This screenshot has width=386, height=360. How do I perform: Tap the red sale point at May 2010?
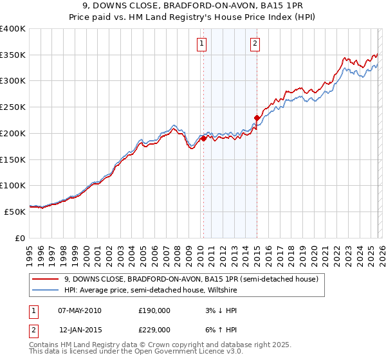tap(203, 138)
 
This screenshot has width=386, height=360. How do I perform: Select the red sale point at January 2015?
tap(257, 118)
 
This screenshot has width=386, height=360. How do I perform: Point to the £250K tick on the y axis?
tap(14, 107)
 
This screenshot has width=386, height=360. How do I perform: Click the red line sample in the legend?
tap(46, 279)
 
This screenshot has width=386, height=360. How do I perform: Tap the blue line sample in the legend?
tap(46, 290)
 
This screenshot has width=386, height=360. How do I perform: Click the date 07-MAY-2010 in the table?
tap(79, 310)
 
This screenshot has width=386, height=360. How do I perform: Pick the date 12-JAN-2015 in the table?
tap(79, 330)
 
